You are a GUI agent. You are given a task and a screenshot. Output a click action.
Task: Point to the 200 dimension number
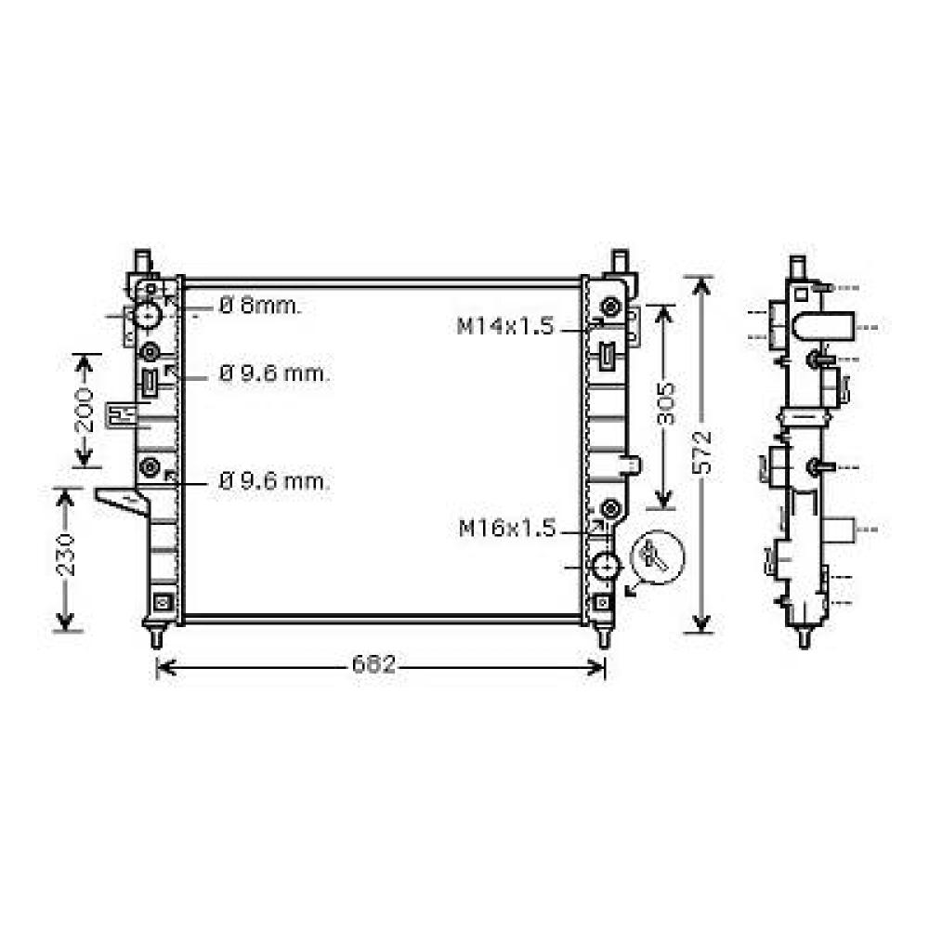tap(84, 410)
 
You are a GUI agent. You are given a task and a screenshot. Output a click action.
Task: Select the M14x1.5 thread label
tap(504, 326)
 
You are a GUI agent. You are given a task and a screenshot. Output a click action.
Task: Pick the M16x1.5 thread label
tap(507, 530)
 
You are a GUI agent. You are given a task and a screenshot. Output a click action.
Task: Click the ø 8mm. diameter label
tap(261, 307)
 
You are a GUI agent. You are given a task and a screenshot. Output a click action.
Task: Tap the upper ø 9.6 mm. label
tap(274, 374)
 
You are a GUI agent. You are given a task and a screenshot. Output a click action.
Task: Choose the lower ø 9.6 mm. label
tap(274, 482)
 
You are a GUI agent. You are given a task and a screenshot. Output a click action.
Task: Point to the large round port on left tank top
tap(149, 315)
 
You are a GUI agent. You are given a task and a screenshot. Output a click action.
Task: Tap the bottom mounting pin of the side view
tap(804, 638)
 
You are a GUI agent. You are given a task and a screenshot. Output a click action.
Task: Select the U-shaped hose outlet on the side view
tap(823, 328)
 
